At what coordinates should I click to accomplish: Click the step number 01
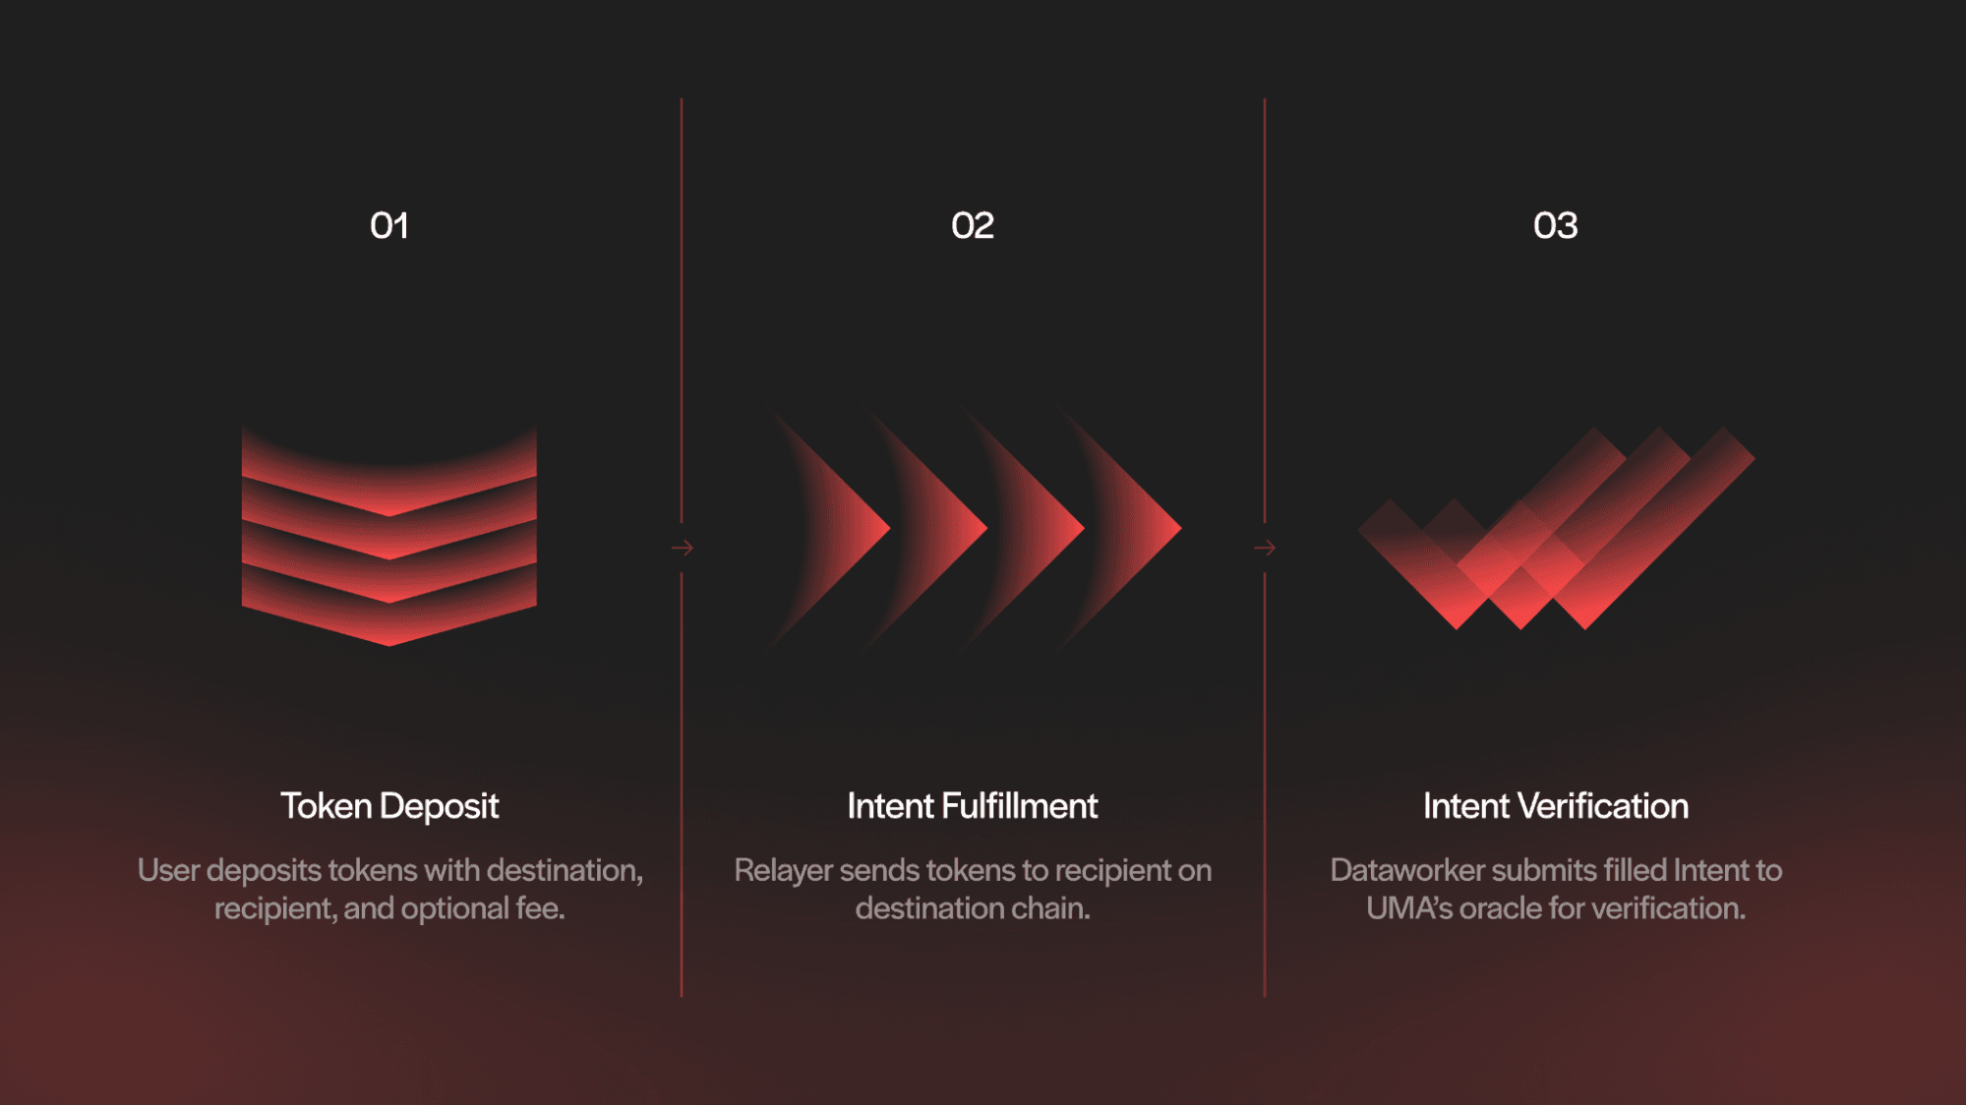click(389, 226)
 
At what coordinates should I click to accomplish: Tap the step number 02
click(972, 226)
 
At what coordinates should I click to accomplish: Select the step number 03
click(1555, 226)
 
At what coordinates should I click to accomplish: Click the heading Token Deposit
click(389, 806)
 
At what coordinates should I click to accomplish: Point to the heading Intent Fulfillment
click(972, 806)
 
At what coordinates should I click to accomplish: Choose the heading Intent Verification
click(1555, 806)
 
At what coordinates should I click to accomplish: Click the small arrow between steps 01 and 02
click(683, 548)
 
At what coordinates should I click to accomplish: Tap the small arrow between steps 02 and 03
click(1265, 548)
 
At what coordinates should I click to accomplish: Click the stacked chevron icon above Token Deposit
click(389, 536)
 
